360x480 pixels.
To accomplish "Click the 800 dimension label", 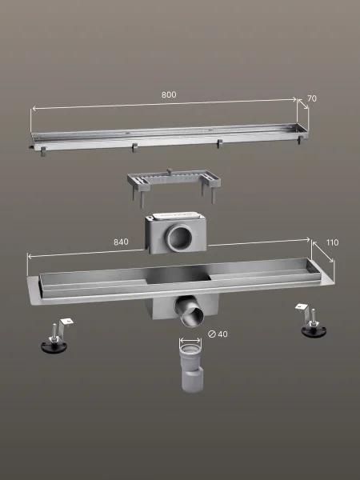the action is point(169,95).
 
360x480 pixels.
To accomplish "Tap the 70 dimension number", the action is point(312,98).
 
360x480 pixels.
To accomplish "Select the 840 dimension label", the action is point(121,242).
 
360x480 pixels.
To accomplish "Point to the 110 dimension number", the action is point(333,242).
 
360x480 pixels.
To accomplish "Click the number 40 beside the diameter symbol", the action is point(222,334).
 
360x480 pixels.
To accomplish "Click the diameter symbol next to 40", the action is point(211,334).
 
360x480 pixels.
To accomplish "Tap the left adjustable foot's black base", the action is point(54,347).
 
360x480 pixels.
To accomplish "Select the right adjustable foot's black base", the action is point(314,332).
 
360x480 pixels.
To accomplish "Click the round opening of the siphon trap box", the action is point(179,238).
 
